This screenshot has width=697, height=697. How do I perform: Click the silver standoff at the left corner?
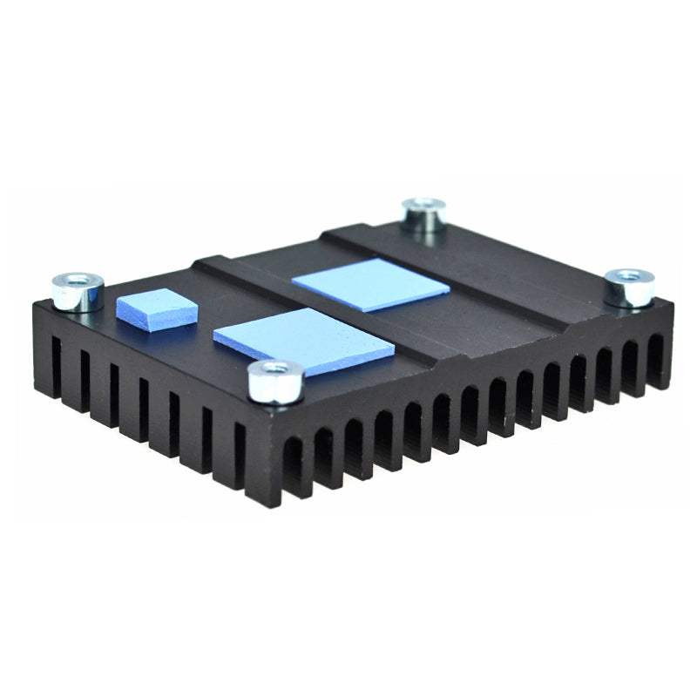pyautogui.click(x=78, y=292)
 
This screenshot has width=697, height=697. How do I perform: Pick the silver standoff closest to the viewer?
pyautogui.click(x=275, y=382)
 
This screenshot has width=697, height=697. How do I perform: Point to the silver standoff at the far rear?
pyautogui.click(x=423, y=216)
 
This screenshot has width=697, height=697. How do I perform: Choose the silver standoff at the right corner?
pyautogui.click(x=630, y=288)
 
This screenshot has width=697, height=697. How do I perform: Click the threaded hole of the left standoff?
pyautogui.click(x=78, y=281)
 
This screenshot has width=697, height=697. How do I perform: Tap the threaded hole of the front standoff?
pyautogui.click(x=275, y=370)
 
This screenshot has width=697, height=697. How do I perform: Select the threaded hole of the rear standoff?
pyautogui.click(x=423, y=206)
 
